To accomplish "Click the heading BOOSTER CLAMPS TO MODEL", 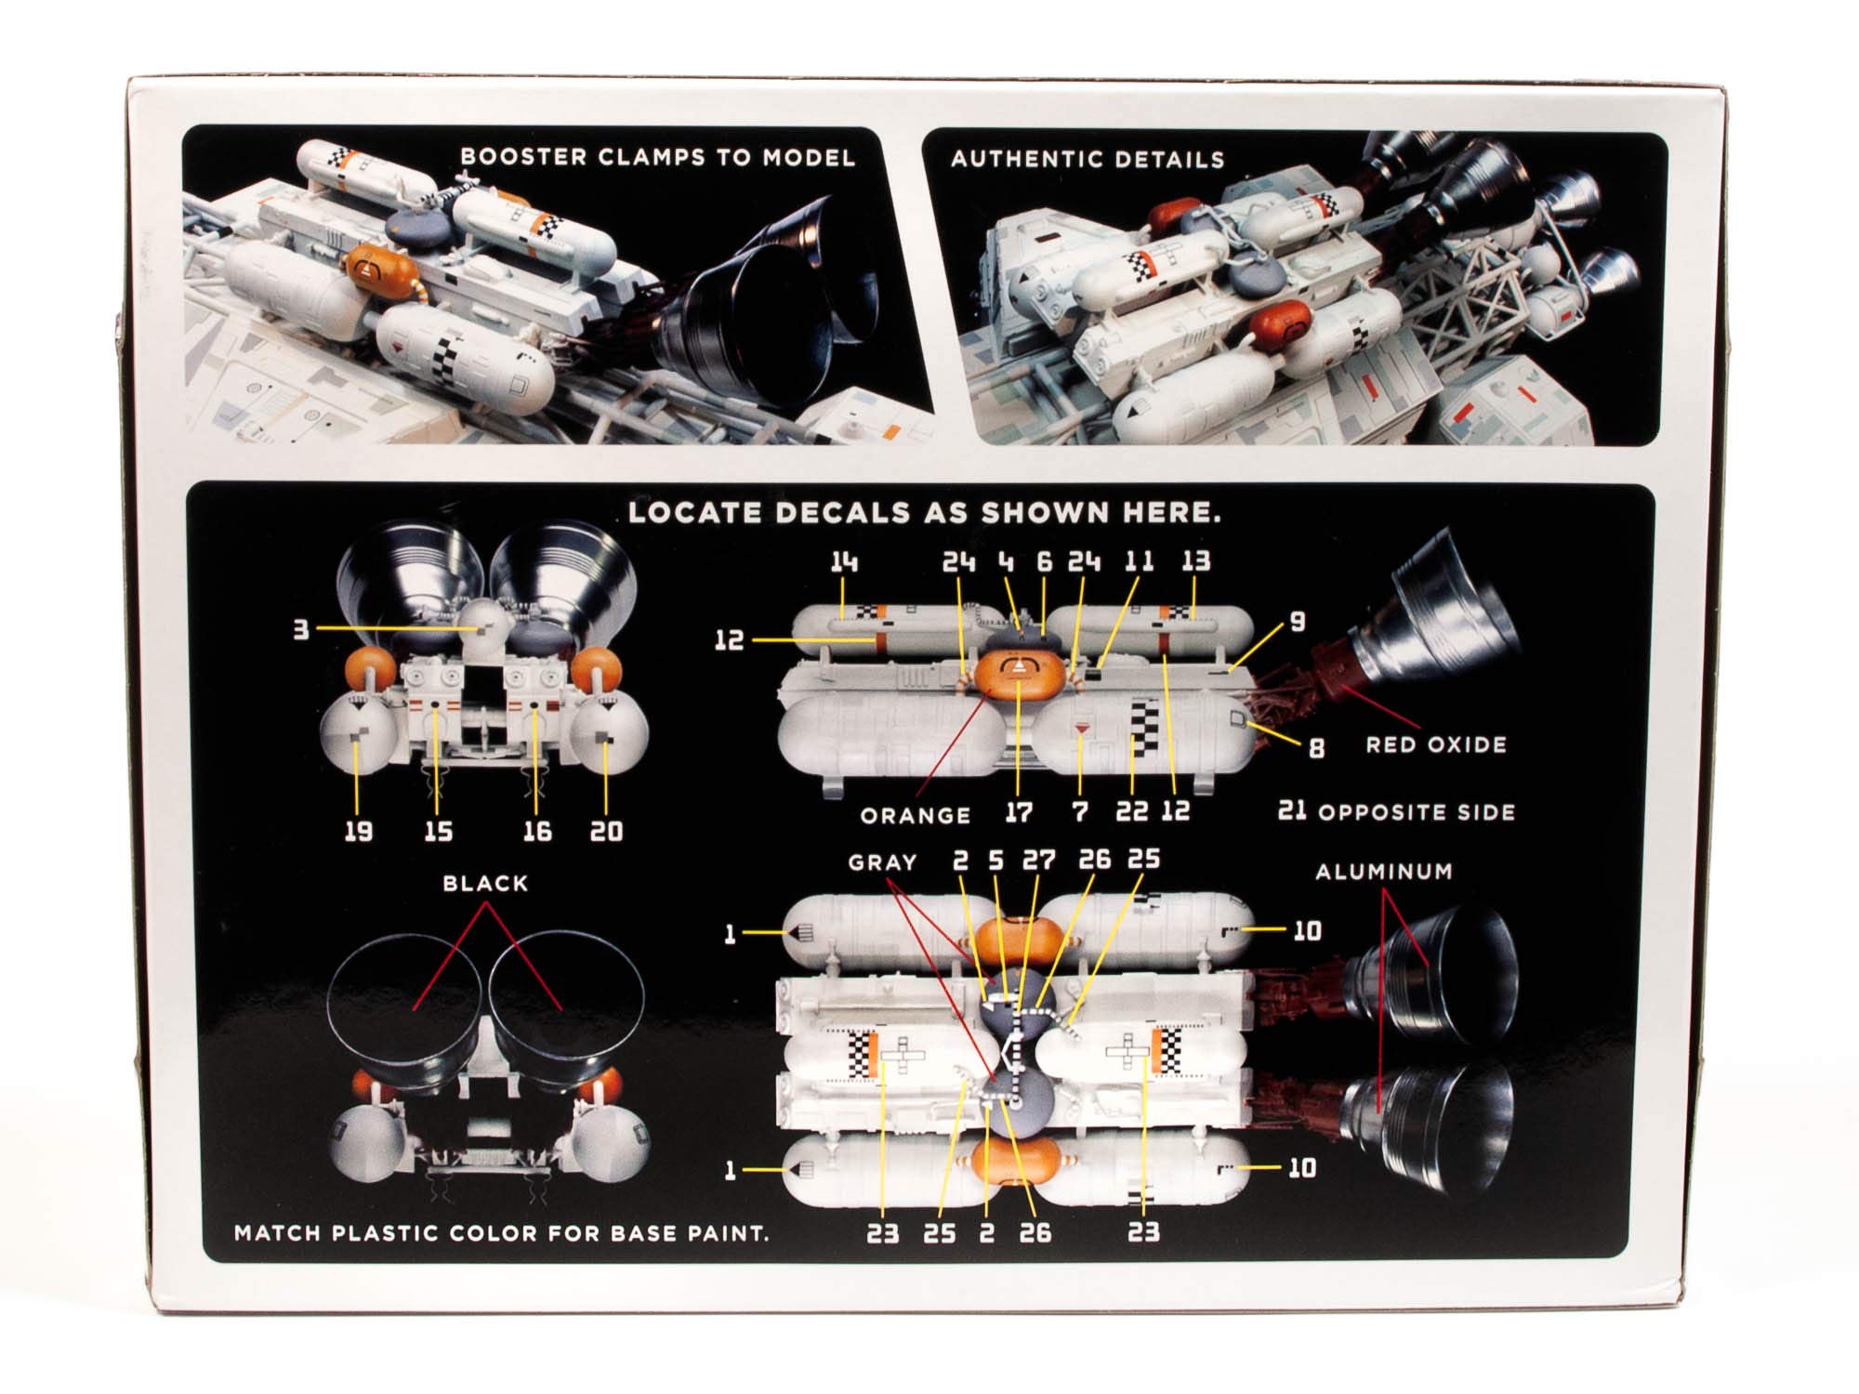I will [657, 157].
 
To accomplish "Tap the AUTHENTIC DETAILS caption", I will [1088, 160].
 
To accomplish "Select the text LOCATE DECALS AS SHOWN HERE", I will [924, 512].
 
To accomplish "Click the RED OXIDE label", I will [1435, 744].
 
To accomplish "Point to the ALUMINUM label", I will [1383, 872].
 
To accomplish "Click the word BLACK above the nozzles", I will [485, 883].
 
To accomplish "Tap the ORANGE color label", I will [916, 816].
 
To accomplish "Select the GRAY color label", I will [882, 862].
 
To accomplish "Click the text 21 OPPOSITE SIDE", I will [1396, 811].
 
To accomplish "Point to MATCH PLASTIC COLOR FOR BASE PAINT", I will [502, 1233].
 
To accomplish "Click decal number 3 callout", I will [301, 629].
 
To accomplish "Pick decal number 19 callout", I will [358, 831].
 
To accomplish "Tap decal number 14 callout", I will [844, 561].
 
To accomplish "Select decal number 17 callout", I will [1019, 812].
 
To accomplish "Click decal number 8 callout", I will [1316, 747].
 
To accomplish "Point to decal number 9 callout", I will [1298, 622].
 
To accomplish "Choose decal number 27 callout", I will [1038, 860].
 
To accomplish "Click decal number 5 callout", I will [996, 860].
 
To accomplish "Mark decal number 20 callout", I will [606, 831].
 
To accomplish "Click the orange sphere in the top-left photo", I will [381, 268].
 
